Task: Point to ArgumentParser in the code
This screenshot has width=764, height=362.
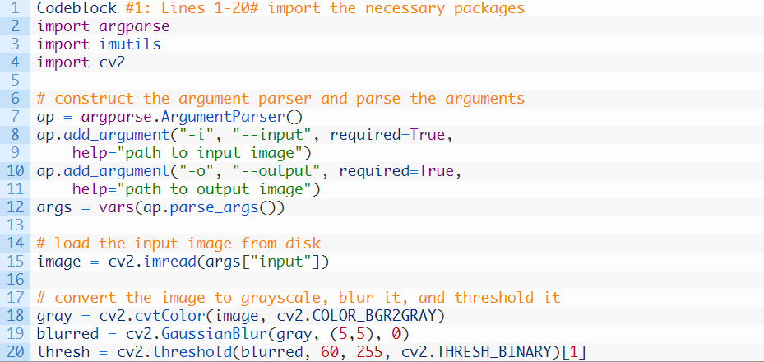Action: (x=232, y=117)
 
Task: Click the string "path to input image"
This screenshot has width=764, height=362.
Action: (x=212, y=153)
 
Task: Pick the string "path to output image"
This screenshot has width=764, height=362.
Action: (x=216, y=189)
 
